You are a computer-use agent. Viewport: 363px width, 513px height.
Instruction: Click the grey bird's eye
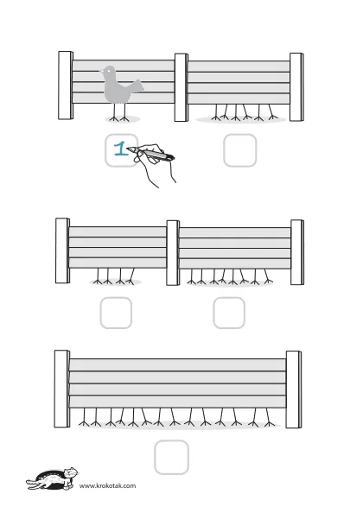[109, 70]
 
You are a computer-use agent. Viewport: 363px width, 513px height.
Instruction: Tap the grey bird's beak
[101, 71]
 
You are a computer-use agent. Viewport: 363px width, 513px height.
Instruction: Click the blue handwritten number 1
[121, 149]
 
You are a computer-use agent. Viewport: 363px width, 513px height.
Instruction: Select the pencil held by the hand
[151, 154]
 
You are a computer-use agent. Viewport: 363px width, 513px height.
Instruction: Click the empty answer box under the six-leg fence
[240, 150]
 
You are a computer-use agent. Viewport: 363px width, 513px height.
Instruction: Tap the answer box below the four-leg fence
[116, 313]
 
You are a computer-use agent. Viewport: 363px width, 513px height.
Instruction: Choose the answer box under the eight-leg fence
[229, 313]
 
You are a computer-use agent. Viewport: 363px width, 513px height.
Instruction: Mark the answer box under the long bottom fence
[171, 458]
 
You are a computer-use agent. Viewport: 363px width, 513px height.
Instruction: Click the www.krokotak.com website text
[108, 485]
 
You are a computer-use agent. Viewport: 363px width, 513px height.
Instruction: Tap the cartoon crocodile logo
[53, 478]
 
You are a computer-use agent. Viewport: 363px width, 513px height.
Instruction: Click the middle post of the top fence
[181, 87]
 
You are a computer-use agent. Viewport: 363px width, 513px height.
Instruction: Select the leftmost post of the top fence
[66, 85]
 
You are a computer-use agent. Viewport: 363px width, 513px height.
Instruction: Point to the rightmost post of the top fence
[296, 87]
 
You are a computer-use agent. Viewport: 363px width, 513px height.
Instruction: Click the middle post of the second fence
[173, 253]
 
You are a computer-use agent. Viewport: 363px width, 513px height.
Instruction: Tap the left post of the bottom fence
[62, 389]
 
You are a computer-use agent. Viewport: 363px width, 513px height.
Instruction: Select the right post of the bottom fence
[294, 389]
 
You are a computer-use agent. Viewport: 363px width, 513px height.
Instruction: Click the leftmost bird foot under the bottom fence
[84, 423]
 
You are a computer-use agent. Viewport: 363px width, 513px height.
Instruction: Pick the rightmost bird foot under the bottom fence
[270, 424]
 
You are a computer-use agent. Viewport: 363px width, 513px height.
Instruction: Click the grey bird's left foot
[114, 118]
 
